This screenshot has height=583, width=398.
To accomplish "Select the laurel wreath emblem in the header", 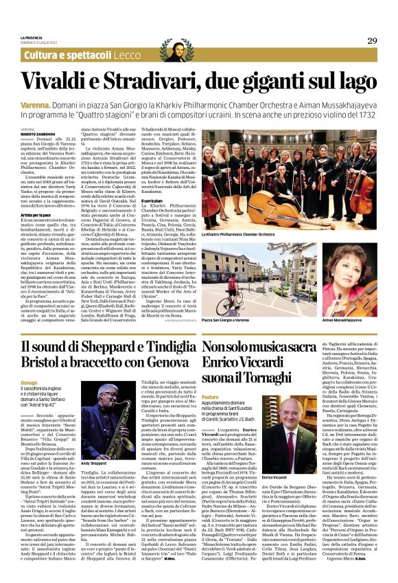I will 173,51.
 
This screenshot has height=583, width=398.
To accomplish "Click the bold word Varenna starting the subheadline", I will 36,102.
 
